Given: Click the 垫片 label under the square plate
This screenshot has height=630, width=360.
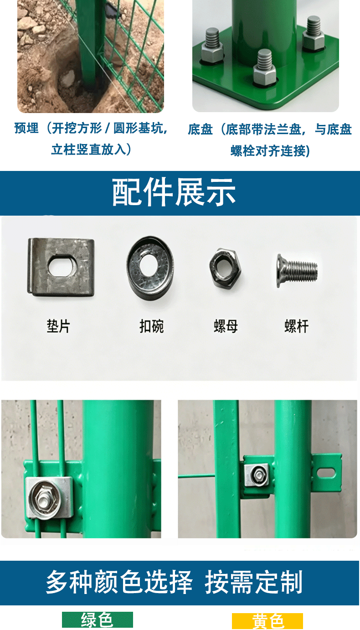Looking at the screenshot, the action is click(58, 326).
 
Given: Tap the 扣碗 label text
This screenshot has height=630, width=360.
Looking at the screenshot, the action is click(152, 326).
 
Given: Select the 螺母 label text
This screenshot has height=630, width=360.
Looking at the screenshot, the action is click(226, 326).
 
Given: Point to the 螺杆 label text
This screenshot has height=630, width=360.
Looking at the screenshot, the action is click(297, 326).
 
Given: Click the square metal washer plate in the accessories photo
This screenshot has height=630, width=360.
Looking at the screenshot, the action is click(61, 267).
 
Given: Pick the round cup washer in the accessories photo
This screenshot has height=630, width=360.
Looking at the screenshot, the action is click(150, 268).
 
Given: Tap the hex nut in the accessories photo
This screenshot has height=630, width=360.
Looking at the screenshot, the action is click(225, 267).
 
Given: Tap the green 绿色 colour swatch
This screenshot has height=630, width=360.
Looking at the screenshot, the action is click(98, 620).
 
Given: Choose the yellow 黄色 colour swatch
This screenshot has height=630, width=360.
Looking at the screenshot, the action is click(267, 621).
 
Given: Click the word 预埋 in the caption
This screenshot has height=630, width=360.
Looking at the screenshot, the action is click(26, 128).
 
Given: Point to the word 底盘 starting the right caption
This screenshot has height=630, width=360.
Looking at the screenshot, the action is click(200, 129).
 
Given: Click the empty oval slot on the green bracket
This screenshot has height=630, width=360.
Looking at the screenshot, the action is click(327, 472).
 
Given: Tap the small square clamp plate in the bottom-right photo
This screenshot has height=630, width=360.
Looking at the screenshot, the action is click(256, 475).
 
